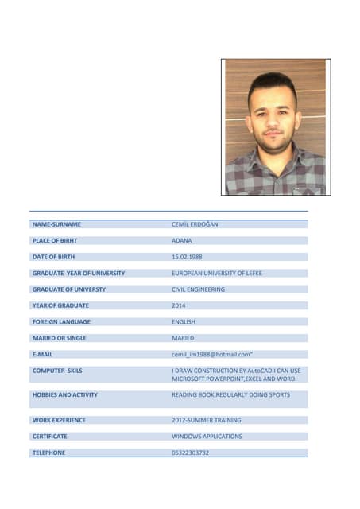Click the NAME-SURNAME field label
pyautogui.click(x=56, y=224)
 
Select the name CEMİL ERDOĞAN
pyautogui.click(x=195, y=224)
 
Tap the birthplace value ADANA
pyautogui.click(x=182, y=240)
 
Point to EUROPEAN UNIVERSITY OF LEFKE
pyautogui.click(x=217, y=273)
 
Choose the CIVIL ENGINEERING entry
pyautogui.click(x=198, y=289)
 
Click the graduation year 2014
pyautogui.click(x=179, y=305)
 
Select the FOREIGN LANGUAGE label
pyautogui.click(x=61, y=322)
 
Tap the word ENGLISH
pyautogui.click(x=184, y=322)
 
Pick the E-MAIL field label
pyautogui.click(x=42, y=355)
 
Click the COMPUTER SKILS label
pyautogui.click(x=57, y=371)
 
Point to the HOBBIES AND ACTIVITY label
pyautogui.click(x=65, y=394)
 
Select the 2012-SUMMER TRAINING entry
pyautogui.click(x=207, y=420)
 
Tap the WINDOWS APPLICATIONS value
pyautogui.click(x=207, y=437)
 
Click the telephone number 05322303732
pyautogui.click(x=191, y=453)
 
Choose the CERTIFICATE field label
pyautogui.click(x=49, y=437)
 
